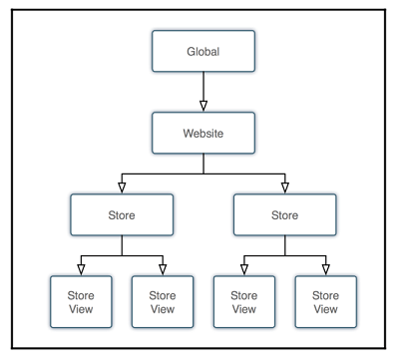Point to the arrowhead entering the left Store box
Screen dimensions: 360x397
122,184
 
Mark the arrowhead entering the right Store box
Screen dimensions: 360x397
283,184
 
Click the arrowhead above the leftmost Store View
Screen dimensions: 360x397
81,266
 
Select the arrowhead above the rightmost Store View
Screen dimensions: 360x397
325,266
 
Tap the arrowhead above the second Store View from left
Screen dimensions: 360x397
163,266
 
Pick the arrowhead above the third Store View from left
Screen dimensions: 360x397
243,266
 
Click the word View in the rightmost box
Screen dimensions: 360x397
325,309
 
